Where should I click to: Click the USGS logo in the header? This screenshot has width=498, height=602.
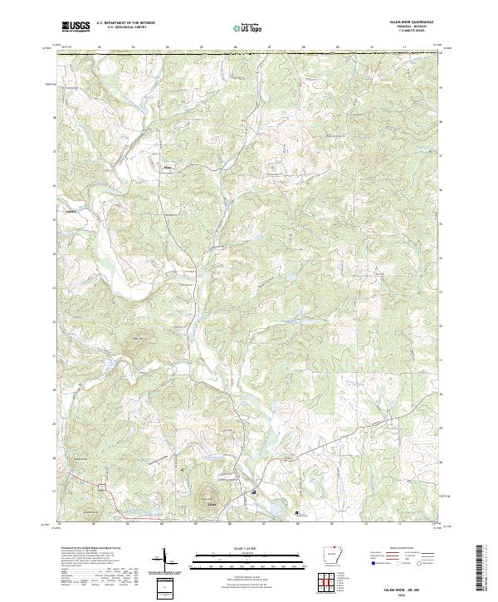pos(76,27)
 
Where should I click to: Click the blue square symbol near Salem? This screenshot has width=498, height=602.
pos(254,493)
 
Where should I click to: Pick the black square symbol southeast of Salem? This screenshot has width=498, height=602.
pos(297,513)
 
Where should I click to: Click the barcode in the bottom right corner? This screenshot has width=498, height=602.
pos(481,569)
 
